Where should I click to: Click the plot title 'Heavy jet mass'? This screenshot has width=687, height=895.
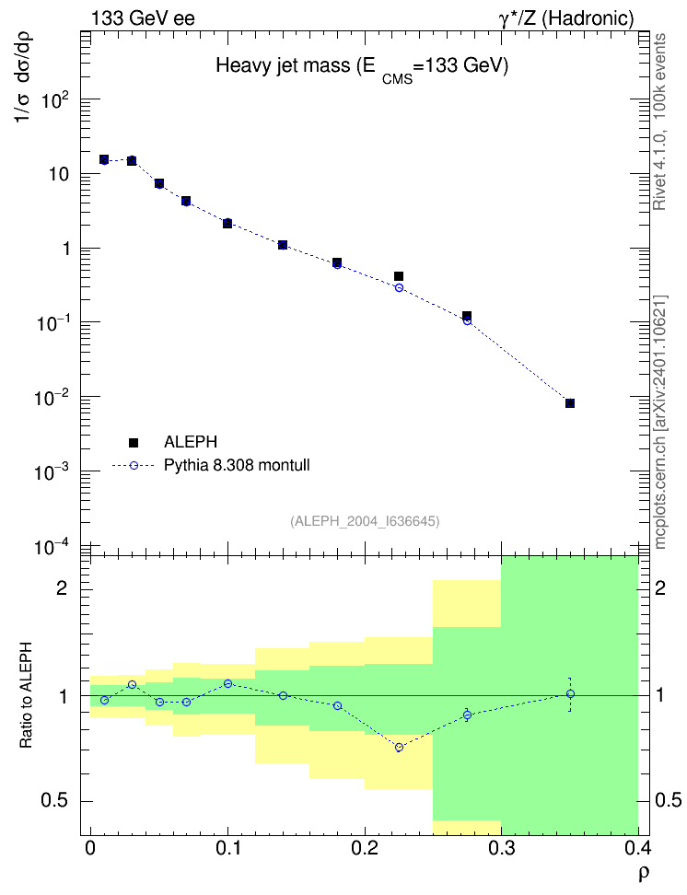283,65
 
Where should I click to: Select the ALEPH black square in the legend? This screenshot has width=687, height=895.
134,442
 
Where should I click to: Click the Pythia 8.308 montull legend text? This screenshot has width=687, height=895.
237,465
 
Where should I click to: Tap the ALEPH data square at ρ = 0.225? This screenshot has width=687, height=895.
399,276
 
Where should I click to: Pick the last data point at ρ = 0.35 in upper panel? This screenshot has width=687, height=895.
570,403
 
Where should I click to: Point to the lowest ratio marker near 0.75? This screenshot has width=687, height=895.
399,747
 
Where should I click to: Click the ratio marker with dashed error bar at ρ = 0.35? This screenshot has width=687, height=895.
570,694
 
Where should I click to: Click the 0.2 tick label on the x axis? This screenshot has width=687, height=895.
365,848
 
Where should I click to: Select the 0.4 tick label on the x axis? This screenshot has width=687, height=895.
637,848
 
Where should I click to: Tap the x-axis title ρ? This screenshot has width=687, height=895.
644,873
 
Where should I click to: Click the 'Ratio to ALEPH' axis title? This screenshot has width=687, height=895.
26,695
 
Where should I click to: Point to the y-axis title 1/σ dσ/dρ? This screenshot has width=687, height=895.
23,77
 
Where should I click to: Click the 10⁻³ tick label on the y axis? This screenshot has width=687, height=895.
51,472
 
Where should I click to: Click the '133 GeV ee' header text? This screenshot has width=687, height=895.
143,18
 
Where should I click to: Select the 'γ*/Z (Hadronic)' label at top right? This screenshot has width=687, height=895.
566,18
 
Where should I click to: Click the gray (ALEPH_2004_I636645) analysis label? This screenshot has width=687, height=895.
365,521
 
